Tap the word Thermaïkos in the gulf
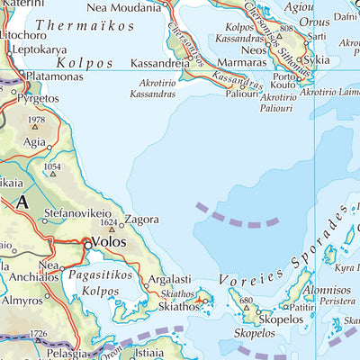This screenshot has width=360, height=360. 78,27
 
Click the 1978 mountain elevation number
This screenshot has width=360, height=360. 36,120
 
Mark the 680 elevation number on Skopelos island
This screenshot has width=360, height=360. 246,301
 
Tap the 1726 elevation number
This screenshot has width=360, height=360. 37,335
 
